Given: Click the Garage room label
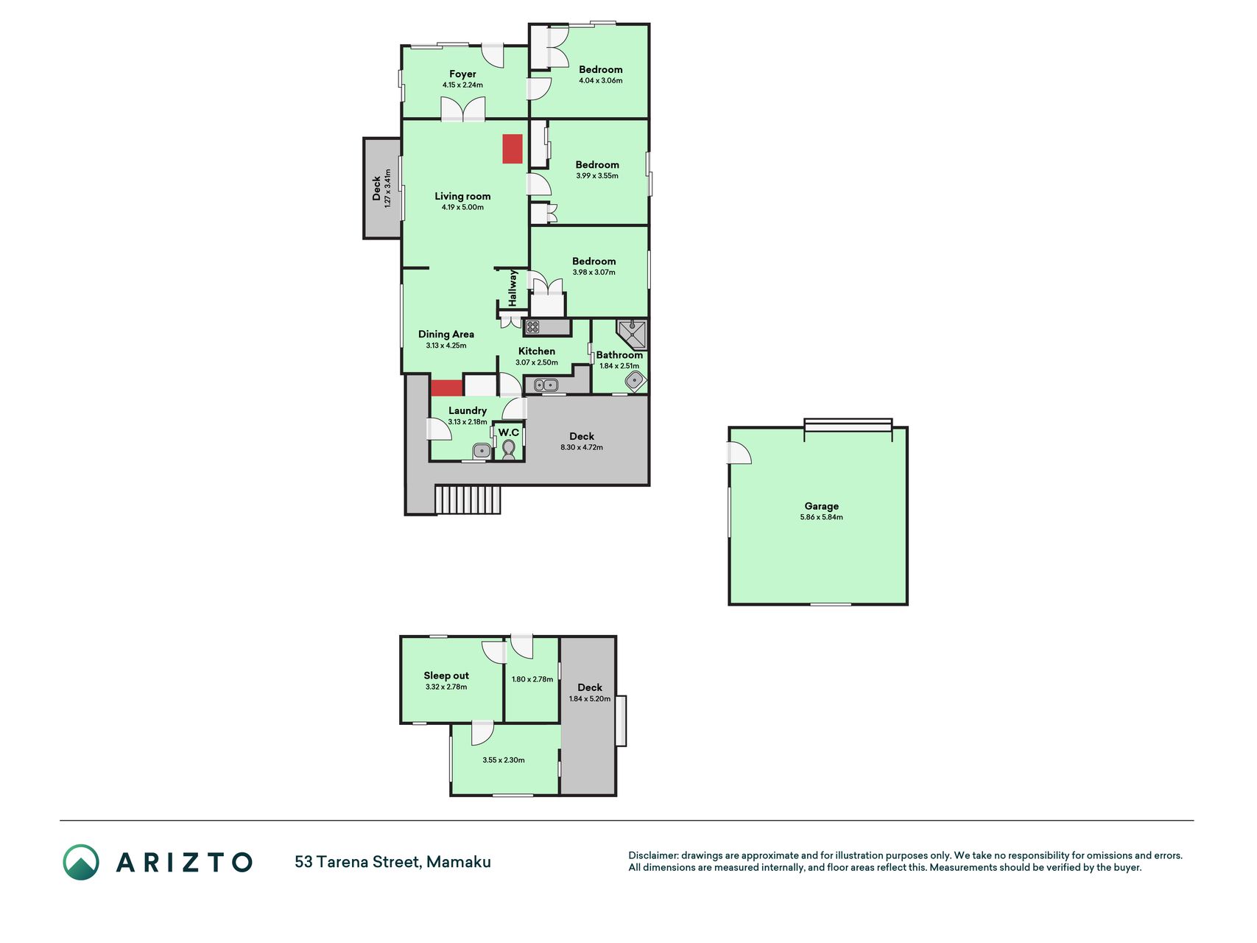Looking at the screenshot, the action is tap(821, 506).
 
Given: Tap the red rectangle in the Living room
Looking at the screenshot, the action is tap(513, 149).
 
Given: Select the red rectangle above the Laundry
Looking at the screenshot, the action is tap(446, 388).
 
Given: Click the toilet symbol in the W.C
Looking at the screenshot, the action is tap(509, 449).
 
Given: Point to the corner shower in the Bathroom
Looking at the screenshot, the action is tap(633, 334).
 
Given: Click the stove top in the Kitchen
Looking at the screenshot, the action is tap(532, 326).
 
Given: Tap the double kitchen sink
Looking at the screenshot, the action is tap(546, 385).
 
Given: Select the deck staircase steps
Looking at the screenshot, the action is tap(468, 499).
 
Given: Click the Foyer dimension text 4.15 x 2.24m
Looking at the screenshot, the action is tap(462, 85).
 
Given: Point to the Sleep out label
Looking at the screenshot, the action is tap(446, 676).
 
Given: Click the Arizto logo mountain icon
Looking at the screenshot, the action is tap(81, 862).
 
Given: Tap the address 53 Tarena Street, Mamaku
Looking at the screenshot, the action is tap(392, 862).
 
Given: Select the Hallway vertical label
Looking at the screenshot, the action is tap(513, 288).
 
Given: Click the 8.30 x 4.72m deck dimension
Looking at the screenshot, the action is tap(582, 447).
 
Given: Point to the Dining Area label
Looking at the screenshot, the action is tap(446, 334).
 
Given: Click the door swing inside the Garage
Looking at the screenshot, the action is tap(740, 452).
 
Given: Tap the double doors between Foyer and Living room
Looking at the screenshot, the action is tap(463, 109).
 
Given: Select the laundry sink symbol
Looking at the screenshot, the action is tap(482, 450).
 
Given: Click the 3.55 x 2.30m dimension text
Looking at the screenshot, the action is tap(504, 760).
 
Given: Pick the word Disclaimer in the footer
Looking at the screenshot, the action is tap(652, 855).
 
